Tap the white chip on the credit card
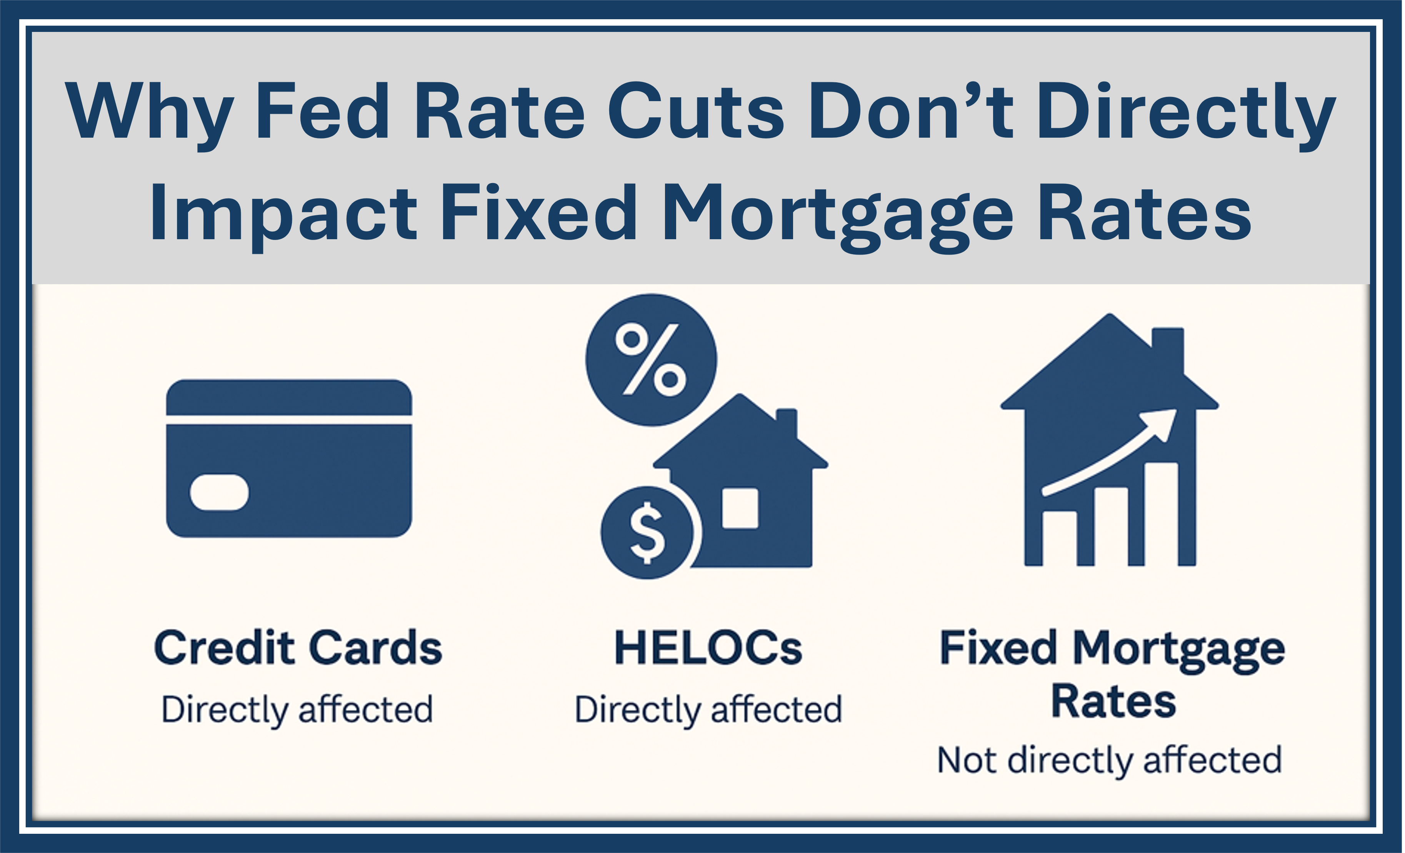pyautogui.click(x=219, y=492)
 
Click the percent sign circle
pyautogui.click(x=651, y=360)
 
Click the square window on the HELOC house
pyautogui.click(x=740, y=508)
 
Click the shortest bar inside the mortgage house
pyautogui.click(x=1060, y=538)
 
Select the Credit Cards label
pyautogui.click(x=298, y=648)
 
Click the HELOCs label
pyautogui.click(x=708, y=648)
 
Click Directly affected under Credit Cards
pyautogui.click(x=297, y=710)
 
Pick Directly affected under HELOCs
pyautogui.click(x=708, y=710)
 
